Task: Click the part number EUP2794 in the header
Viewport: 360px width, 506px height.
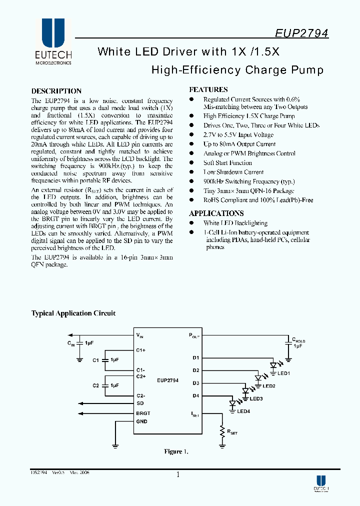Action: (301, 33)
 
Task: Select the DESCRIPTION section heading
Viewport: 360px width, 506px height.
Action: (56, 91)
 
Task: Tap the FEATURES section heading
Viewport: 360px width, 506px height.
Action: (208, 90)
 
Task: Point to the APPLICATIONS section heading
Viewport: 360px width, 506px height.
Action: (216, 213)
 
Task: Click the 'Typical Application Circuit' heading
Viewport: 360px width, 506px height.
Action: (73, 313)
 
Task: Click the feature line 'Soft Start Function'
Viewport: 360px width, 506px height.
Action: (227, 163)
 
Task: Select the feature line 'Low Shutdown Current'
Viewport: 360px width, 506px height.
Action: (233, 172)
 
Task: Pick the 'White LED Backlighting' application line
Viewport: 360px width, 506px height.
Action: (235, 223)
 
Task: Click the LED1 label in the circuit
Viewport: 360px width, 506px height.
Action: (284, 373)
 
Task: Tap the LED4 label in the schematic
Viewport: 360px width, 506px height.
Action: (243, 411)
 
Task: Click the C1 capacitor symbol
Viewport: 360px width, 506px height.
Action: (105, 359)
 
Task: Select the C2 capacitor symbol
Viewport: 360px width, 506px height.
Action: (105, 385)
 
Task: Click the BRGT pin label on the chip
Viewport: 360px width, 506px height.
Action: (143, 413)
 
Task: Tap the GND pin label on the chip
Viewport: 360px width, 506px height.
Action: (141, 421)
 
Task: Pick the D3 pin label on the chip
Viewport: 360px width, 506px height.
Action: (195, 383)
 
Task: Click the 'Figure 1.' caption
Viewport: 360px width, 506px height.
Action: (176, 451)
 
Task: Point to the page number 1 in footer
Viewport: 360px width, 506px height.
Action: (177, 475)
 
